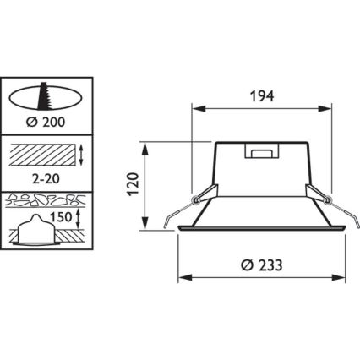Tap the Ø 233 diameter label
pyautogui.click(x=261, y=264)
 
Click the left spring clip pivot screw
pyautogui.click(x=196, y=199)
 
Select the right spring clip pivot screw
pyautogui.click(x=328, y=199)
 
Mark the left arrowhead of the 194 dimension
pyautogui.click(x=198, y=109)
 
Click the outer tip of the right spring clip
pyautogui.click(x=357, y=226)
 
